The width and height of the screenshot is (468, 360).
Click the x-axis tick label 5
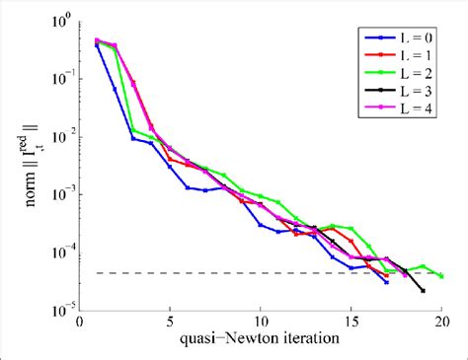coord(170,321)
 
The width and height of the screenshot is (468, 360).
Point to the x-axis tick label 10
coord(261,321)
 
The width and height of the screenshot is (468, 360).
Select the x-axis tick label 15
coord(351,321)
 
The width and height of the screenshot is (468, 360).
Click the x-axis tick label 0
coord(79,321)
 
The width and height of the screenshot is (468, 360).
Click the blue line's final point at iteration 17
coord(387,282)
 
